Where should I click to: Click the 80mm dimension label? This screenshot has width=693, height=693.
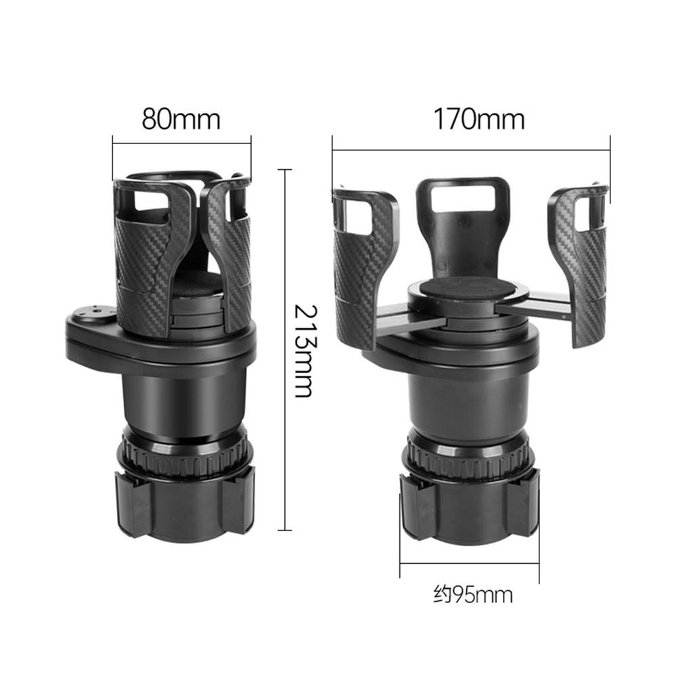click(x=181, y=119)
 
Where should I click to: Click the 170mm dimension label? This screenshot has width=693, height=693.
click(x=478, y=119)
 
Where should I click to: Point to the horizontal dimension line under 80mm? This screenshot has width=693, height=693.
click(x=181, y=142)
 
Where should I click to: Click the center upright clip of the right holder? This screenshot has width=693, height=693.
click(x=462, y=223)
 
